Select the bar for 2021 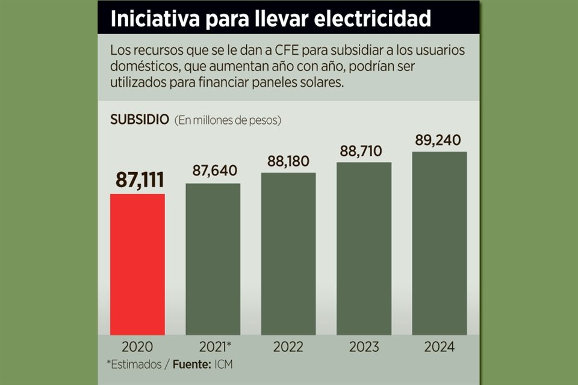tap(213, 259)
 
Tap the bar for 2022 tap(288, 253)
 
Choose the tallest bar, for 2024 tap(440, 243)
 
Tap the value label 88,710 tap(361, 151)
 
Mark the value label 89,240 tap(438, 140)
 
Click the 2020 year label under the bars tap(137, 347)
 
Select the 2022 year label tap(288, 347)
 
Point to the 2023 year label tap(364, 347)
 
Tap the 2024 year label tap(440, 347)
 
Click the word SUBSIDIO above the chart tap(139, 119)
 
